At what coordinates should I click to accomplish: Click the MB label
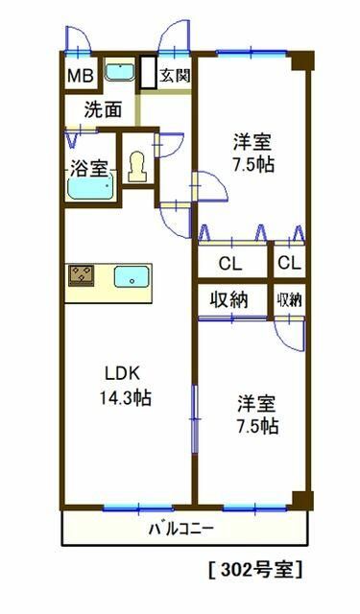coord(79,75)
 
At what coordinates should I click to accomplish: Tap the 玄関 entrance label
coord(175,74)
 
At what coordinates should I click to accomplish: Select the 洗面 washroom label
coord(103,109)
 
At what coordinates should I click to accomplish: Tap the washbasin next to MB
coord(119,72)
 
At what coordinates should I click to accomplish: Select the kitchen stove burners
coord(82,276)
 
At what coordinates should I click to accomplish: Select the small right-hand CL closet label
coord(288,264)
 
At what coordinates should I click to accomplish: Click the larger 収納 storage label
coord(230,299)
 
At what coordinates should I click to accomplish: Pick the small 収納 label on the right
coord(289,299)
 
